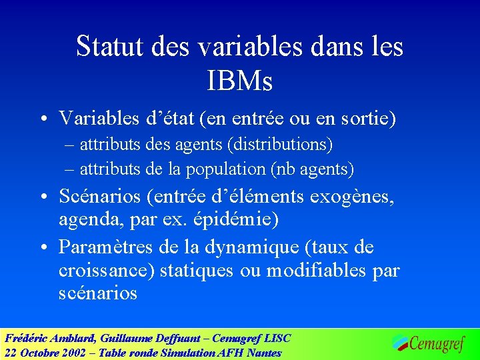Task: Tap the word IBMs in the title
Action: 240,81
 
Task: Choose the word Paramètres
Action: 107,247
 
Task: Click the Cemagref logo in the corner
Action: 427,343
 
